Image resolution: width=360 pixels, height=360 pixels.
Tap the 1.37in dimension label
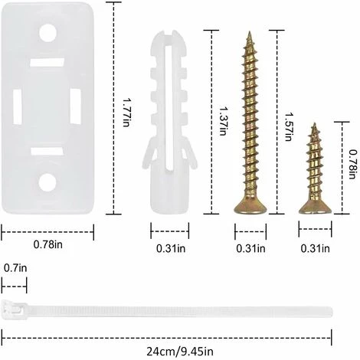pos(222,120)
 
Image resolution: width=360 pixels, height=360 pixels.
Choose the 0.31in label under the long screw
pos(250,247)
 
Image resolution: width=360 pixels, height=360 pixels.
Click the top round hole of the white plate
pos(48,33)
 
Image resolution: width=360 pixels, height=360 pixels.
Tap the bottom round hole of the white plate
pos(48,182)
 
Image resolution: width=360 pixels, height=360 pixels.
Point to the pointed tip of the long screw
pos(248,34)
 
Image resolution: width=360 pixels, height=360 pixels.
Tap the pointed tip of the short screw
pos(313,124)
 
